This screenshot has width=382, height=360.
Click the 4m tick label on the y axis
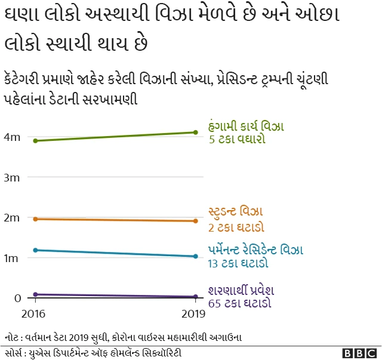click(x=12, y=137)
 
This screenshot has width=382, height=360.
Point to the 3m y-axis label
click(x=12, y=177)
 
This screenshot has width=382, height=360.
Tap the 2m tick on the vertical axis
click(x=12, y=218)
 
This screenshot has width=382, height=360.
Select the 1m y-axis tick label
click(x=12, y=258)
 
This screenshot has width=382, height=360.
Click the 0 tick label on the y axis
click(x=17, y=298)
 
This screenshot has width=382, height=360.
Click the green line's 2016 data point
click(x=36, y=141)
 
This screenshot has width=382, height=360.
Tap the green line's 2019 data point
click(x=196, y=133)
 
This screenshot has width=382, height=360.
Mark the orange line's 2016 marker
click(x=36, y=219)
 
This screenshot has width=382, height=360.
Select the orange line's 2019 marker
click(x=196, y=221)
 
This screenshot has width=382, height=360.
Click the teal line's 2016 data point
click(x=36, y=250)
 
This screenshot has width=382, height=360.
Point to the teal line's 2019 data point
click(x=196, y=257)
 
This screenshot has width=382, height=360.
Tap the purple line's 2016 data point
click(x=36, y=294)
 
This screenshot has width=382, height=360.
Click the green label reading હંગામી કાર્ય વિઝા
click(x=246, y=127)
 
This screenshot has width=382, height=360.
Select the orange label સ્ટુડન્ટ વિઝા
click(x=236, y=212)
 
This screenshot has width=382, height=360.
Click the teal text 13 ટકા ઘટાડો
click(x=238, y=264)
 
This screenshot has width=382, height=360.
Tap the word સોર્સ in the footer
click(x=14, y=352)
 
